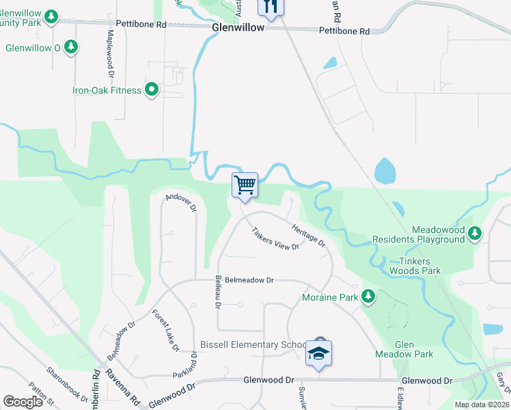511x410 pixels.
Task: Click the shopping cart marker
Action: coord(245,184)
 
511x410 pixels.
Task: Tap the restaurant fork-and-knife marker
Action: coord(271,7)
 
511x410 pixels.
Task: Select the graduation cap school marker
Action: coord(318,353)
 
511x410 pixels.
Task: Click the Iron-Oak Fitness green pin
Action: coord(152,90)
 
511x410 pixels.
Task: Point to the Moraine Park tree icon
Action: coord(369,297)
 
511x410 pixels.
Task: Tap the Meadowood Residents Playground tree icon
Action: coord(475,234)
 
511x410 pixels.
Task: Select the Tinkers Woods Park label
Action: coord(415,265)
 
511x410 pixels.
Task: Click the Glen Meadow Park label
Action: coord(404,349)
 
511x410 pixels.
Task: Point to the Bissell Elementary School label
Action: coord(253,344)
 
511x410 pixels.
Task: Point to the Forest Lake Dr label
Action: coord(165,331)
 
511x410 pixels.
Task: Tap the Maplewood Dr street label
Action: coord(110,52)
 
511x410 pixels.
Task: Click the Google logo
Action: coord(23,401)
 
